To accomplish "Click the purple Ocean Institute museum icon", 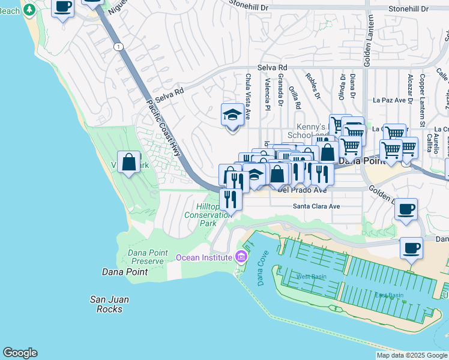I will pyautogui.click(x=241, y=257).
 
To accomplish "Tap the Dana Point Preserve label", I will pyautogui.click(x=146, y=257).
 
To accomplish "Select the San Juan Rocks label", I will pyautogui.click(x=109, y=304).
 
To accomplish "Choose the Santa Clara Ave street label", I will pyautogui.click(x=316, y=206).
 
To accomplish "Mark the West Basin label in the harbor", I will pyautogui.click(x=310, y=277).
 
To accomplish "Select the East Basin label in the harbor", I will pyautogui.click(x=389, y=295).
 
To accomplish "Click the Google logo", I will pyautogui.click(x=20, y=353).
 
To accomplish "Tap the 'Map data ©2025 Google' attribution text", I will pyautogui.click(x=412, y=355).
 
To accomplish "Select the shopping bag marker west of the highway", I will pyautogui.click(x=129, y=162).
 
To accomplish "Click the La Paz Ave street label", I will pyautogui.click(x=390, y=100).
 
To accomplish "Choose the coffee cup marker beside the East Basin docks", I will pyautogui.click(x=412, y=248).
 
